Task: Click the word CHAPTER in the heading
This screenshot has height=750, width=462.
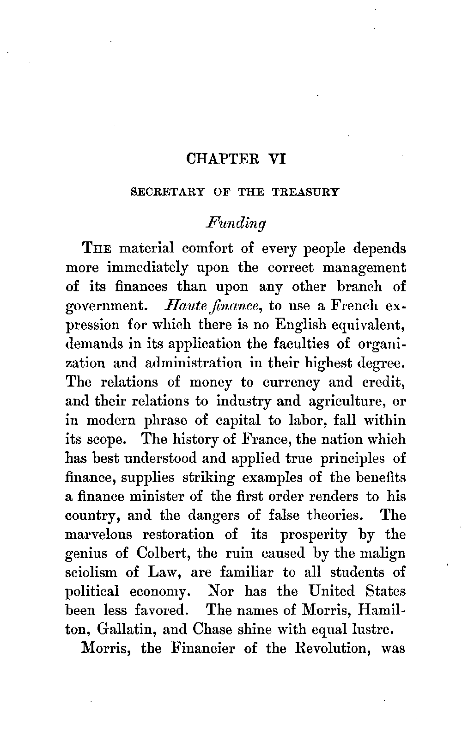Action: (x=216, y=159)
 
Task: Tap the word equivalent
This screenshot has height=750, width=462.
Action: (x=370, y=325)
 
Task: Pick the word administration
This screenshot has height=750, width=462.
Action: (x=193, y=363)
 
